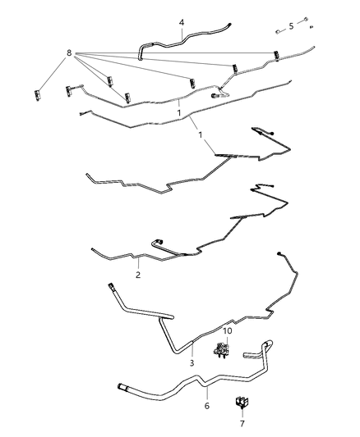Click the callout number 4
(182, 22)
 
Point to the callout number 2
(138, 275)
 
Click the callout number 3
(191, 362)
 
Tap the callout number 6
(206, 405)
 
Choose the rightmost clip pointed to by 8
(277, 56)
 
